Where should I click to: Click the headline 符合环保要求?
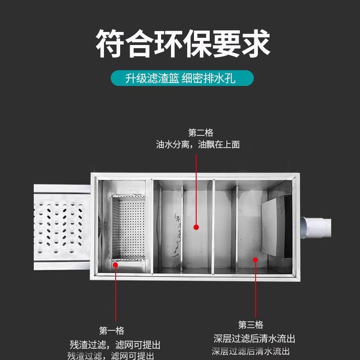[x=183, y=44]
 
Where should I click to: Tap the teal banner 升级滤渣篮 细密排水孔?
[x=182, y=79]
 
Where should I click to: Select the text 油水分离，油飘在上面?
[x=198, y=145]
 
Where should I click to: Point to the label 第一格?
[x=112, y=331]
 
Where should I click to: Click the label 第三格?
[x=251, y=325]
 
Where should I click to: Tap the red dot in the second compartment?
[x=196, y=228]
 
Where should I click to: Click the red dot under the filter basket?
[x=116, y=265]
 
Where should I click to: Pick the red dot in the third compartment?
[x=255, y=259]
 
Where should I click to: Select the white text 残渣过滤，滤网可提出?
[x=115, y=345]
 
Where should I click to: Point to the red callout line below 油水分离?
[x=196, y=189]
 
